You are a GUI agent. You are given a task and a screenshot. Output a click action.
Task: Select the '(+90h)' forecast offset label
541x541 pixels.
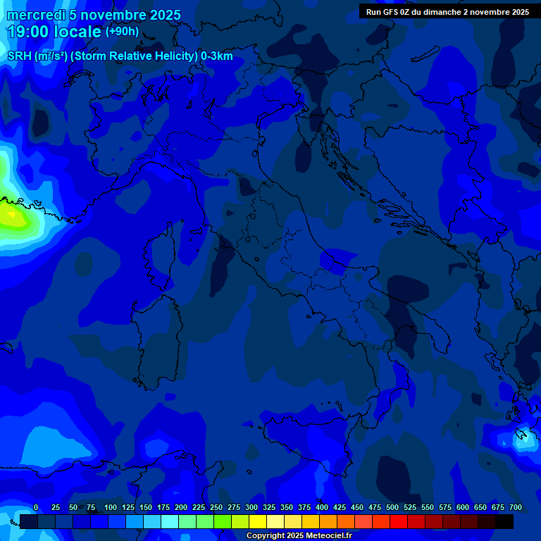pyautogui.click(x=122, y=31)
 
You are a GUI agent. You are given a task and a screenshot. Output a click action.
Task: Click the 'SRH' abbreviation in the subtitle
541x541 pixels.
pyautogui.click(x=19, y=56)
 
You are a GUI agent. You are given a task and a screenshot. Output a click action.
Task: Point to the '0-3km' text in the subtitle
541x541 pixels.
pyautogui.click(x=216, y=56)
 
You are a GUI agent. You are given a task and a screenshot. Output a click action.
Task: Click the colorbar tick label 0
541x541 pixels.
pyautogui.click(x=36, y=507)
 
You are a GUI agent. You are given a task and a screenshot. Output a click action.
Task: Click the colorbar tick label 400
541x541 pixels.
pyautogui.click(x=322, y=507)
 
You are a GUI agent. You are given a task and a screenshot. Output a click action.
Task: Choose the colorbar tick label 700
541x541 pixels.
pyautogui.click(x=516, y=507)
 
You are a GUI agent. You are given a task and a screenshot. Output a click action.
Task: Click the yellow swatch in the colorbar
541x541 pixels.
pyautogui.click(x=258, y=521)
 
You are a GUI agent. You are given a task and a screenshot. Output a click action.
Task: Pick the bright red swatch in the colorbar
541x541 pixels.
pyautogui.click(x=399, y=521)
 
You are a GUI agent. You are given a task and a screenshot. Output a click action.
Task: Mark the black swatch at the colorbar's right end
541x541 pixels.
pyautogui.click(x=504, y=521)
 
